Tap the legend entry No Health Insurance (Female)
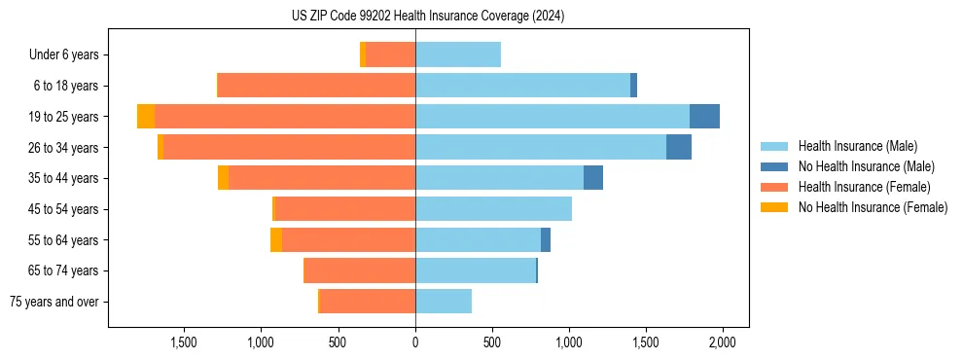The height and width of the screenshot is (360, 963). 873,207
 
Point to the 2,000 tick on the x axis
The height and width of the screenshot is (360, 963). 721,342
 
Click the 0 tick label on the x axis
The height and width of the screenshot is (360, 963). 415,342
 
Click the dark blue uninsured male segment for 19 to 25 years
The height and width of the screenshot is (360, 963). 704,117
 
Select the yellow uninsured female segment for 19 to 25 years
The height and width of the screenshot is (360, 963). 146,117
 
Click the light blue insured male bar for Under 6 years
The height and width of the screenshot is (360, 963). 457,54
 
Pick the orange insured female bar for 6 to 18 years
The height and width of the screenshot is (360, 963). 316,86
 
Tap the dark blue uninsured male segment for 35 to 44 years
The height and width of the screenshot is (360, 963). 592,178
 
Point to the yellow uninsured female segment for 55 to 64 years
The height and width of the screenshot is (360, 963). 276,239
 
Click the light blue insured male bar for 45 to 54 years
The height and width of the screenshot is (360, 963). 493,209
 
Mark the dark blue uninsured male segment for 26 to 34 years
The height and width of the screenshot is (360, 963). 678,147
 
